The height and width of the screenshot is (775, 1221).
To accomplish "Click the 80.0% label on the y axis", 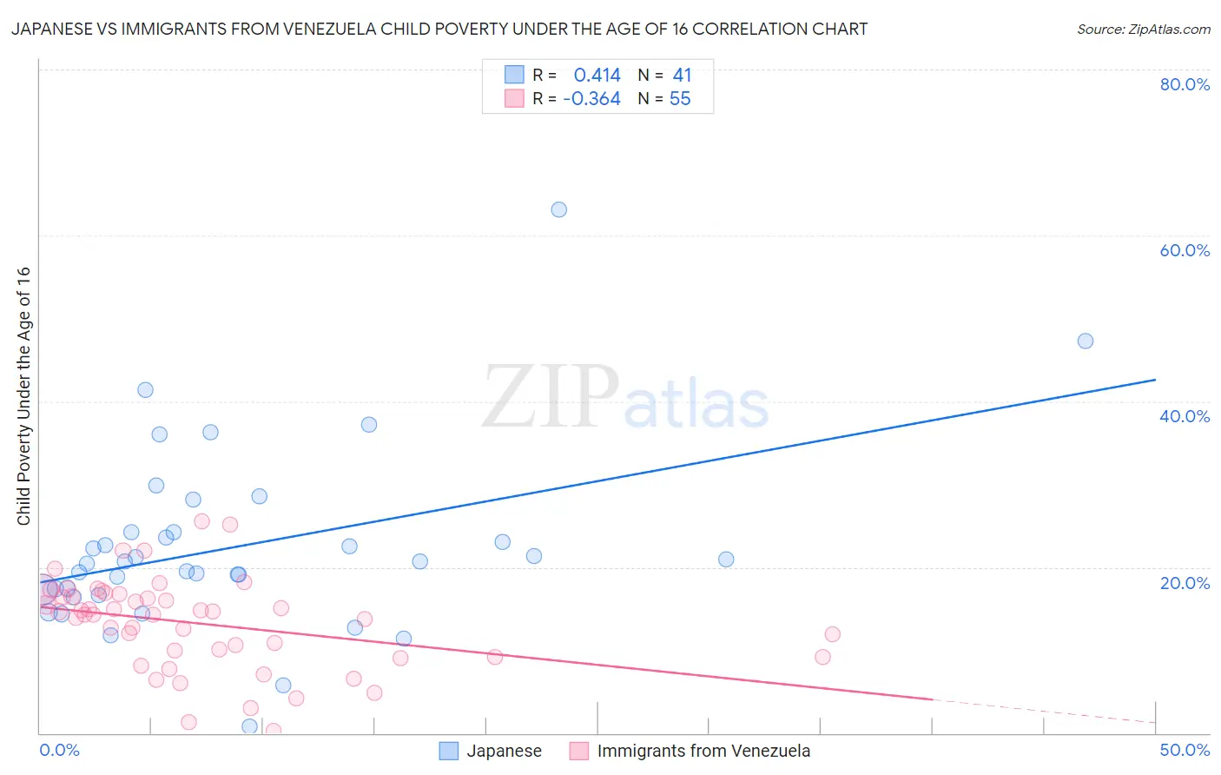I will coord(1185,84).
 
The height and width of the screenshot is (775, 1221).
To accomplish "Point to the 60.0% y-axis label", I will coord(1185,250).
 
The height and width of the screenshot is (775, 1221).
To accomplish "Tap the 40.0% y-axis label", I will coord(1185,416).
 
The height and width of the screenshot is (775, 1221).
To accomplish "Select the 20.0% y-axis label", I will coord(1185,583).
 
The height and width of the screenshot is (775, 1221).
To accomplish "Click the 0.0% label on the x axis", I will coord(59,750).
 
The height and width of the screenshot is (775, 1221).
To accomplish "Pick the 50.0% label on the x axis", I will coord(1185,750).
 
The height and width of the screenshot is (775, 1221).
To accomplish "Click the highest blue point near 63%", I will coord(559,209).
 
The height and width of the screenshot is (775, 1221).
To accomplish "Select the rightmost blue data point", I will coord(1086,341).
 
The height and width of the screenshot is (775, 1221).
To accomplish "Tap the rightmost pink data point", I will coord(833,634).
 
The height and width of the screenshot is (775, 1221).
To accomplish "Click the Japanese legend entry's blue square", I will coord(448,751).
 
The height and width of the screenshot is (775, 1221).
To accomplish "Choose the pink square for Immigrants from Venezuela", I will coord(579,751).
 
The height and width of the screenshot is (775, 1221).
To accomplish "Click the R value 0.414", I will coord(597,76).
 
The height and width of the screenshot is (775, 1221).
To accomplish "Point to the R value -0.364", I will coord(591,99).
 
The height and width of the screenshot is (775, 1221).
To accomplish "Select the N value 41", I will coord(682,76).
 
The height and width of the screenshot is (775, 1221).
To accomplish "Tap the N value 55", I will coord(680,99).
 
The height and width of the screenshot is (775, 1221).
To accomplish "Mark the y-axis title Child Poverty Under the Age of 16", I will coord(24,396).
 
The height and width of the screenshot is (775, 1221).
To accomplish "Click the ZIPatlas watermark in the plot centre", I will coord(625,398).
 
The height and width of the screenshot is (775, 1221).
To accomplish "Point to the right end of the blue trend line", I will coord(1155,380).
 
